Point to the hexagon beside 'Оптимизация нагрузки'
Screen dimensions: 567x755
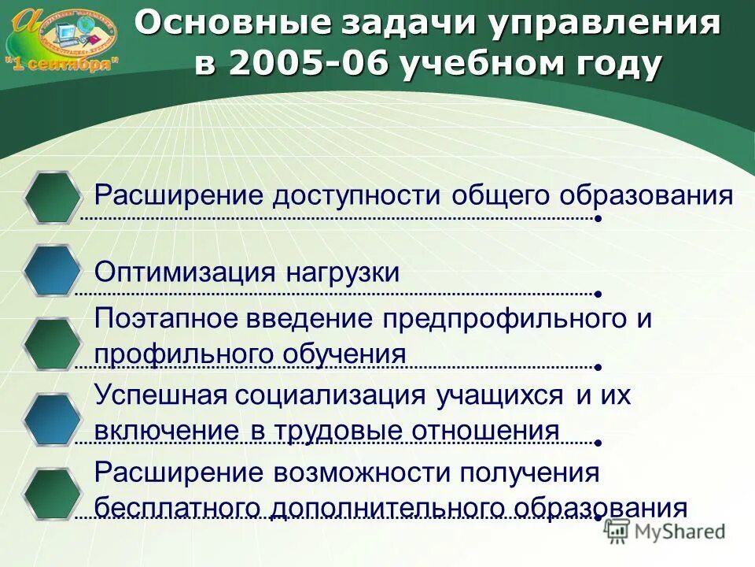point(52,271)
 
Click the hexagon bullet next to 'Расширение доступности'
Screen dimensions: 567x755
point(52,197)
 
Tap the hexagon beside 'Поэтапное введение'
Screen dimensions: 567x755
point(52,344)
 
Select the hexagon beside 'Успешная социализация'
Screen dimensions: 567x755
point(52,420)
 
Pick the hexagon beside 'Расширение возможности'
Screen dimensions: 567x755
point(52,495)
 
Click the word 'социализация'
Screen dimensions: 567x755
point(334,395)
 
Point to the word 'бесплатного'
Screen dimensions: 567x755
point(179,508)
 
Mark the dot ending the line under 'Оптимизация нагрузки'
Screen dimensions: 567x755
point(598,294)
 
